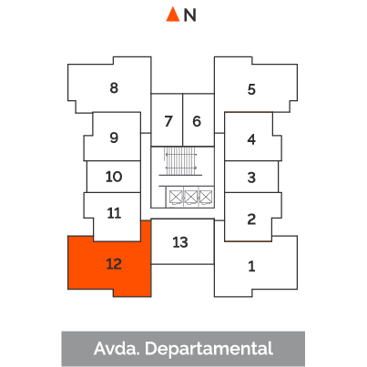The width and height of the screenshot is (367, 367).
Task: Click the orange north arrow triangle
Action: coord(173,15)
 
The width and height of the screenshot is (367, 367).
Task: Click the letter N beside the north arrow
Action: coord(190,15)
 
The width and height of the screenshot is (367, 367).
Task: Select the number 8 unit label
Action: coord(114,87)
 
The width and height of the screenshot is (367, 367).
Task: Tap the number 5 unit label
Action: coord(251,89)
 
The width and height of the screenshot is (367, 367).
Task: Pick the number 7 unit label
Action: coord(168,121)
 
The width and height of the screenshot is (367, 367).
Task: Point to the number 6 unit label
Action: coord(197,121)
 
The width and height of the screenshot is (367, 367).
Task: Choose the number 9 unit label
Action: coord(114,138)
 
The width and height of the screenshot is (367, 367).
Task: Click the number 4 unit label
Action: coord(251,139)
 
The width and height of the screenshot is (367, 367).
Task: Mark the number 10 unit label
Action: coord(114,177)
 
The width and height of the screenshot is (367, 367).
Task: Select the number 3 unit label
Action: coord(251,178)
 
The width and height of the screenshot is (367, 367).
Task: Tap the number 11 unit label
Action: coord(114,213)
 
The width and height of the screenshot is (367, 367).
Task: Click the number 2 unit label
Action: coord(251,219)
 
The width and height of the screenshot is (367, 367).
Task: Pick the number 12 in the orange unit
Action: coord(114,264)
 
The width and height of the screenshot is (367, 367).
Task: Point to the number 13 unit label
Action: coord(180,242)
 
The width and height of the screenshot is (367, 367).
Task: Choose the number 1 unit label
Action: coord(251,266)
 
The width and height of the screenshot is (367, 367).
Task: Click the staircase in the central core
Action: coord(180,161)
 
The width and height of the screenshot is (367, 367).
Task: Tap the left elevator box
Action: coord(176,197)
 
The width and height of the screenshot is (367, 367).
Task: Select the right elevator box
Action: coord(206,197)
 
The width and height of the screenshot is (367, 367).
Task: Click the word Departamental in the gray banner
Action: coord(209,349)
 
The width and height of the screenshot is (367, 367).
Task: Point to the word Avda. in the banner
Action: coord(117,349)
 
